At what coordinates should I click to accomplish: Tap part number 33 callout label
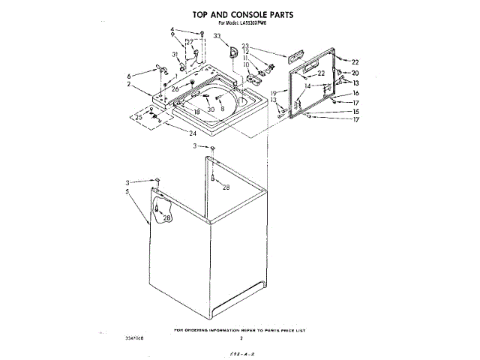point(217,36)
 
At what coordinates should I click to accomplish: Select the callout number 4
point(172,30)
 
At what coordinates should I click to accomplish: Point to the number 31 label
point(174,55)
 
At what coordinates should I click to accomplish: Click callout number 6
point(129,76)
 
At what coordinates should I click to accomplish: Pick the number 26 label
point(175,89)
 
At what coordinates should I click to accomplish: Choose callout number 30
point(211,109)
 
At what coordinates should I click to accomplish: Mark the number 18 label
point(197,112)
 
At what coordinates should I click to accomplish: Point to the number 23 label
point(244,46)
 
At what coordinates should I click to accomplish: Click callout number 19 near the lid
point(274,92)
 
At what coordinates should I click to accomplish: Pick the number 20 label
point(355,73)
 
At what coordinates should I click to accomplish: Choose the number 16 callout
point(355,93)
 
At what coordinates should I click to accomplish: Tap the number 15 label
point(355,111)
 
